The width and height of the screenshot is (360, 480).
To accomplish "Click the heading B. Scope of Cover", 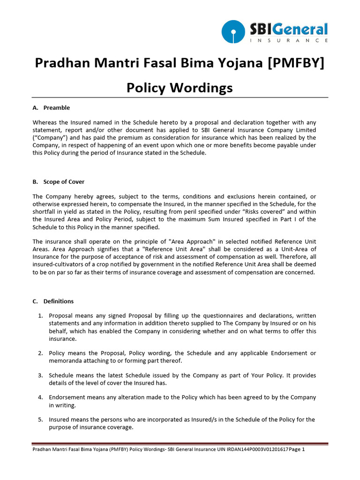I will (x=59, y=182).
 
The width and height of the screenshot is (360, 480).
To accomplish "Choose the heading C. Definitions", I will (x=53, y=301).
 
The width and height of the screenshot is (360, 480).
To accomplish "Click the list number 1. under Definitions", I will (x=41, y=316).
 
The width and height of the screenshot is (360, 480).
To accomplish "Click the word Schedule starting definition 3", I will (x=62, y=375).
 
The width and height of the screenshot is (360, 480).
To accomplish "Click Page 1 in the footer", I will (x=297, y=449).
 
